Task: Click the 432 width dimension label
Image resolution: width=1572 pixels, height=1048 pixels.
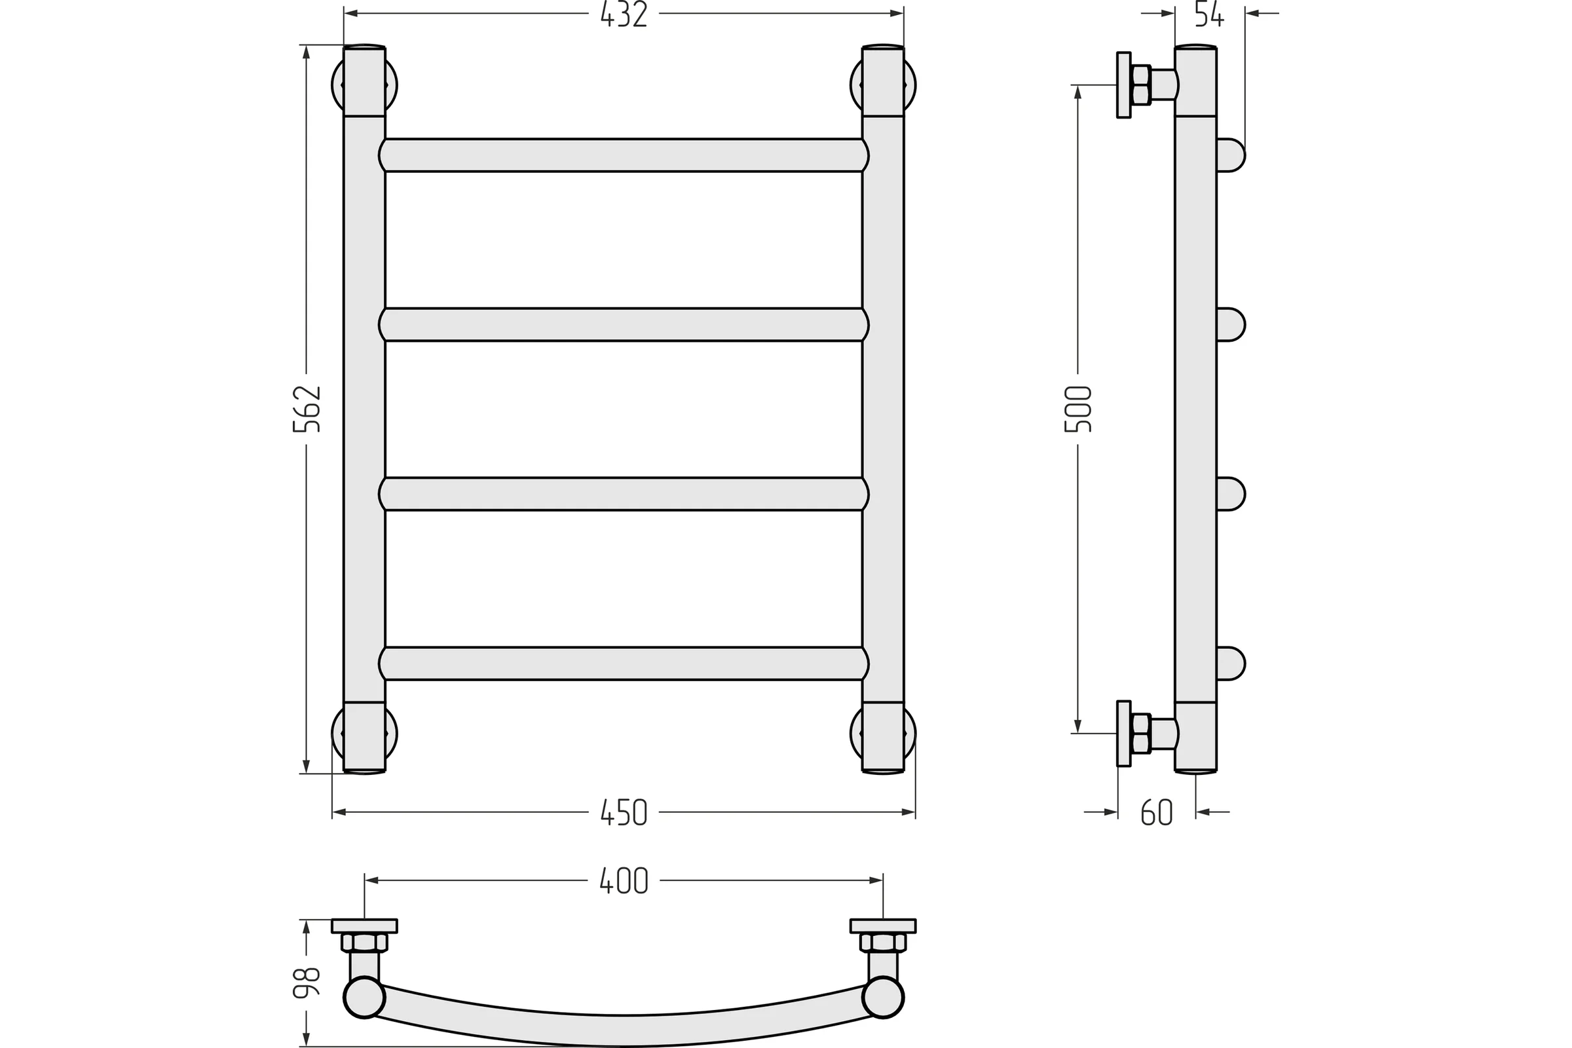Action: pos(624,14)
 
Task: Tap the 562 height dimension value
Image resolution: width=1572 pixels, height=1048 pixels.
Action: pos(307,409)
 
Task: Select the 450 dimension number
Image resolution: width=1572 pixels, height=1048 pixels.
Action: pos(624,812)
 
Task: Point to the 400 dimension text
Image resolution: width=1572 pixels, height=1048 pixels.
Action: pos(624,880)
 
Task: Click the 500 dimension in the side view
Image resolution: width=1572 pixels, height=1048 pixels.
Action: pos(1077,409)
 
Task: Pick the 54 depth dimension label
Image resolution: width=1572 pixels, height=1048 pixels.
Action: pos(1209,14)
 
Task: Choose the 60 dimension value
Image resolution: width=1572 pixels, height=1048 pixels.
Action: pos(1156,812)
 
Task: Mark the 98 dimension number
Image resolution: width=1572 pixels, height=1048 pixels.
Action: pos(307,982)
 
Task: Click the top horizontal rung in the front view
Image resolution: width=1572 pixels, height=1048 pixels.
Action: pos(624,155)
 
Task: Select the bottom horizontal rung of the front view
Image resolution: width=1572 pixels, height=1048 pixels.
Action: pos(624,664)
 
